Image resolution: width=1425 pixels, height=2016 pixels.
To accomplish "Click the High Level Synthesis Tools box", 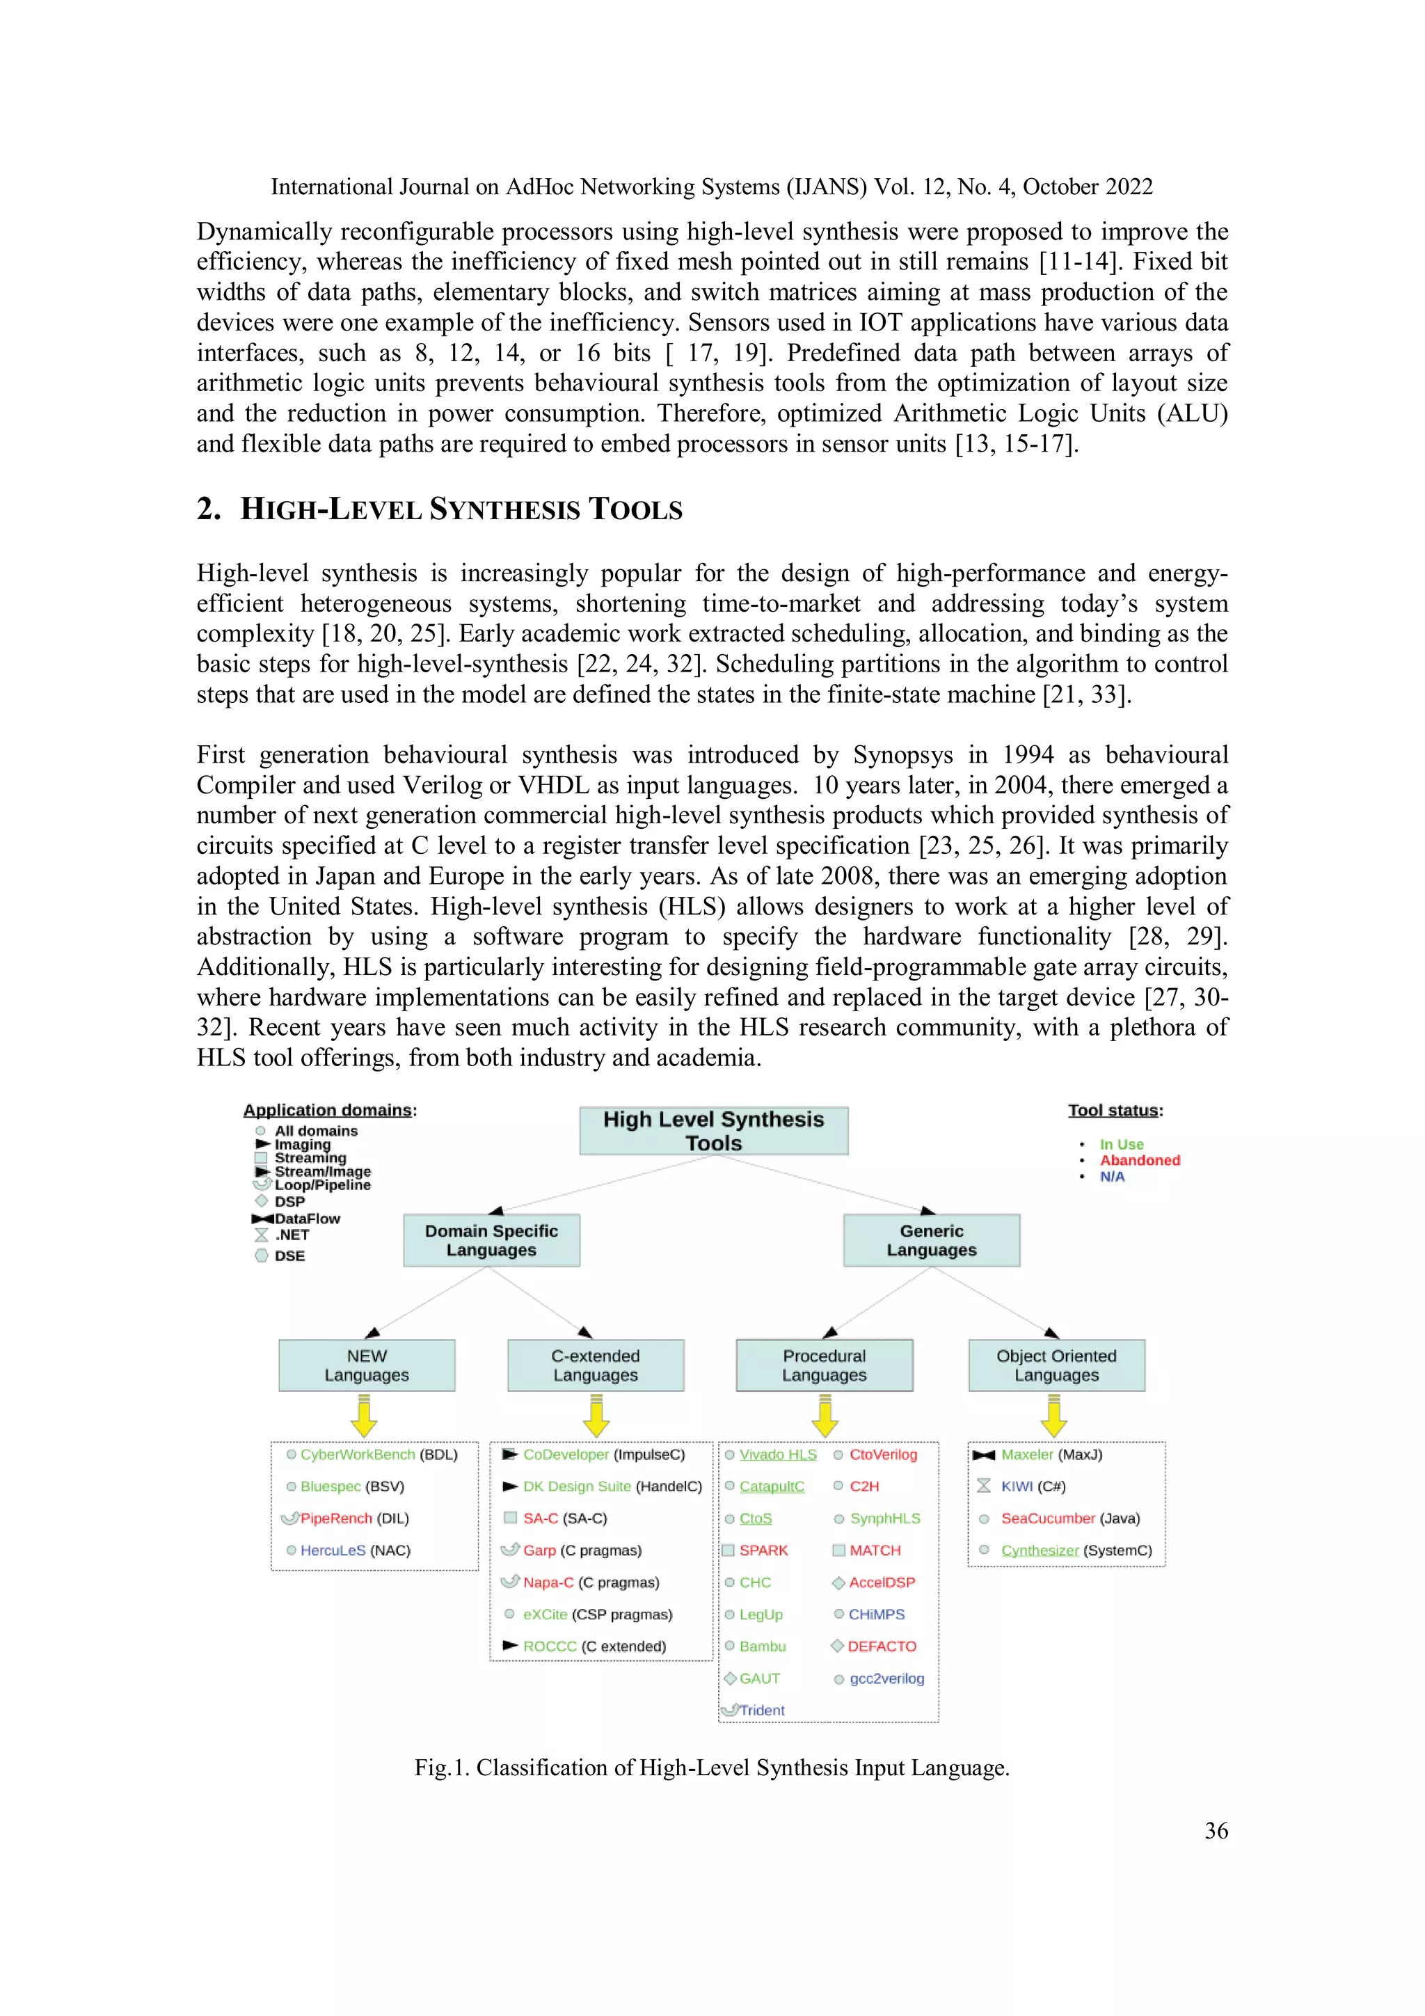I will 713,1130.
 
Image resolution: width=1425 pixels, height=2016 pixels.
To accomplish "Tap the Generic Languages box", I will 931,1240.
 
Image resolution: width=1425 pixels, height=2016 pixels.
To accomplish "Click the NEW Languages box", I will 366,1365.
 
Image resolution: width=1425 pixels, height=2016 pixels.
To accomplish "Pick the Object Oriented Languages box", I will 1056,1365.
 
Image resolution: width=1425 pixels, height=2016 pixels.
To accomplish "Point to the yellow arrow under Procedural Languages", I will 825,1417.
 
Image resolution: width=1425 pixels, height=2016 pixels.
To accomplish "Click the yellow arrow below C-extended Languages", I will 596,1417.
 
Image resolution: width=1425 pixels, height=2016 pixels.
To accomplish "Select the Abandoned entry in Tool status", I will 1140,1160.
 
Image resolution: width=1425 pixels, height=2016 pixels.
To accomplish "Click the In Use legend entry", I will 1121,1144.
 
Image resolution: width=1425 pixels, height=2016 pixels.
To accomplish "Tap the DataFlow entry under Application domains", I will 306,1219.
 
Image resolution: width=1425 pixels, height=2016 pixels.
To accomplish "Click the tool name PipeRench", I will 335,1518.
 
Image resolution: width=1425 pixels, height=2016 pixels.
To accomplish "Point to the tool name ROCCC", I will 550,1646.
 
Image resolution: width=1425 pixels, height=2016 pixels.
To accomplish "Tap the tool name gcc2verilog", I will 886,1678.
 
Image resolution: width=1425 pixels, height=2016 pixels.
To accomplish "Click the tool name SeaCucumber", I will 1047,1518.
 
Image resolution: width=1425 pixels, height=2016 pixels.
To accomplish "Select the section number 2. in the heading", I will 208,509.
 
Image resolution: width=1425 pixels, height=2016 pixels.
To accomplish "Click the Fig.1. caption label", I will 442,1768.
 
